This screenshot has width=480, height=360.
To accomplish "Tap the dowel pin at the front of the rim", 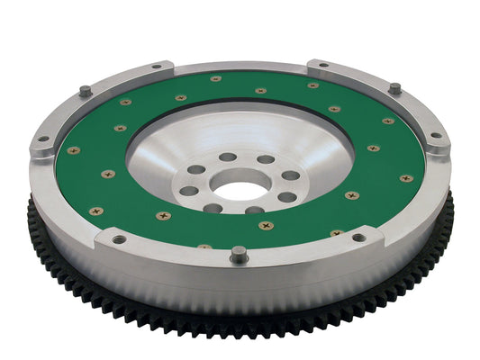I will point(237,253).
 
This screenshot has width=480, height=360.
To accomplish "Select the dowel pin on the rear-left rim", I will point(85,90).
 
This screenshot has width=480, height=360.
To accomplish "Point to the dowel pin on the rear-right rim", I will point(394,88).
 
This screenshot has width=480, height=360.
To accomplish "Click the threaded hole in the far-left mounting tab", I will point(40,139).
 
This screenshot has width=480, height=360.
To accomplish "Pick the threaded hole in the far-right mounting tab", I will point(436,137).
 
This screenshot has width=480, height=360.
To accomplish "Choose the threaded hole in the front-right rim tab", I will point(358,238).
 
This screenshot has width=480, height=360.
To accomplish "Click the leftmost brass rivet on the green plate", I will point(74,150).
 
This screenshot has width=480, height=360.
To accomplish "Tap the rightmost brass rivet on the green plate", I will point(405,178).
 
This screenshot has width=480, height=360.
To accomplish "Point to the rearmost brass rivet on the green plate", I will point(216,78).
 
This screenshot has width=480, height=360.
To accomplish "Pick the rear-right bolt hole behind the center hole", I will point(267,159).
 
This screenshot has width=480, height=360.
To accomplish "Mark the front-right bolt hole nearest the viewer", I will point(256,211).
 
